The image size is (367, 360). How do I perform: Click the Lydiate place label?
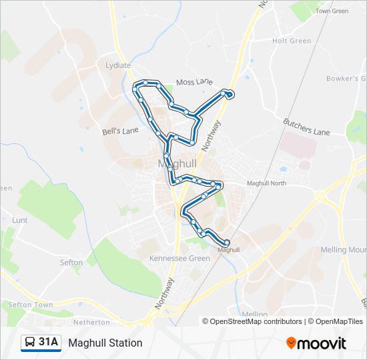(x=119, y=65)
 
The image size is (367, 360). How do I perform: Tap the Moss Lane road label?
(x=194, y=82)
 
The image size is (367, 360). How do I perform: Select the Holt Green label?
(x=292, y=41)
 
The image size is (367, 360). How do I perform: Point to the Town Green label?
(x=332, y=11)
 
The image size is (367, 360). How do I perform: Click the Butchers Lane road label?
(x=306, y=127)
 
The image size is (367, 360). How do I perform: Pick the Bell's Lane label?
(x=120, y=131)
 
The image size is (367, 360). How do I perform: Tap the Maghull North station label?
(x=266, y=183)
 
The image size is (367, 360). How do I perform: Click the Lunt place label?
(x=20, y=219)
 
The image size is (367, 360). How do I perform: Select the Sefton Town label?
(x=30, y=305)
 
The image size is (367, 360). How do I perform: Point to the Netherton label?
(x=92, y=322)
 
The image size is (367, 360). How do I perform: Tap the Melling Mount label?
(x=343, y=250)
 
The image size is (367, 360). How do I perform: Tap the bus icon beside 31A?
(x=30, y=343)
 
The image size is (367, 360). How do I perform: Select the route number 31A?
(x=48, y=343)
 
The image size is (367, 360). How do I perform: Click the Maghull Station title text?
(x=105, y=343)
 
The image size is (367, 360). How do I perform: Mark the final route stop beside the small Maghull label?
(x=227, y=243)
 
